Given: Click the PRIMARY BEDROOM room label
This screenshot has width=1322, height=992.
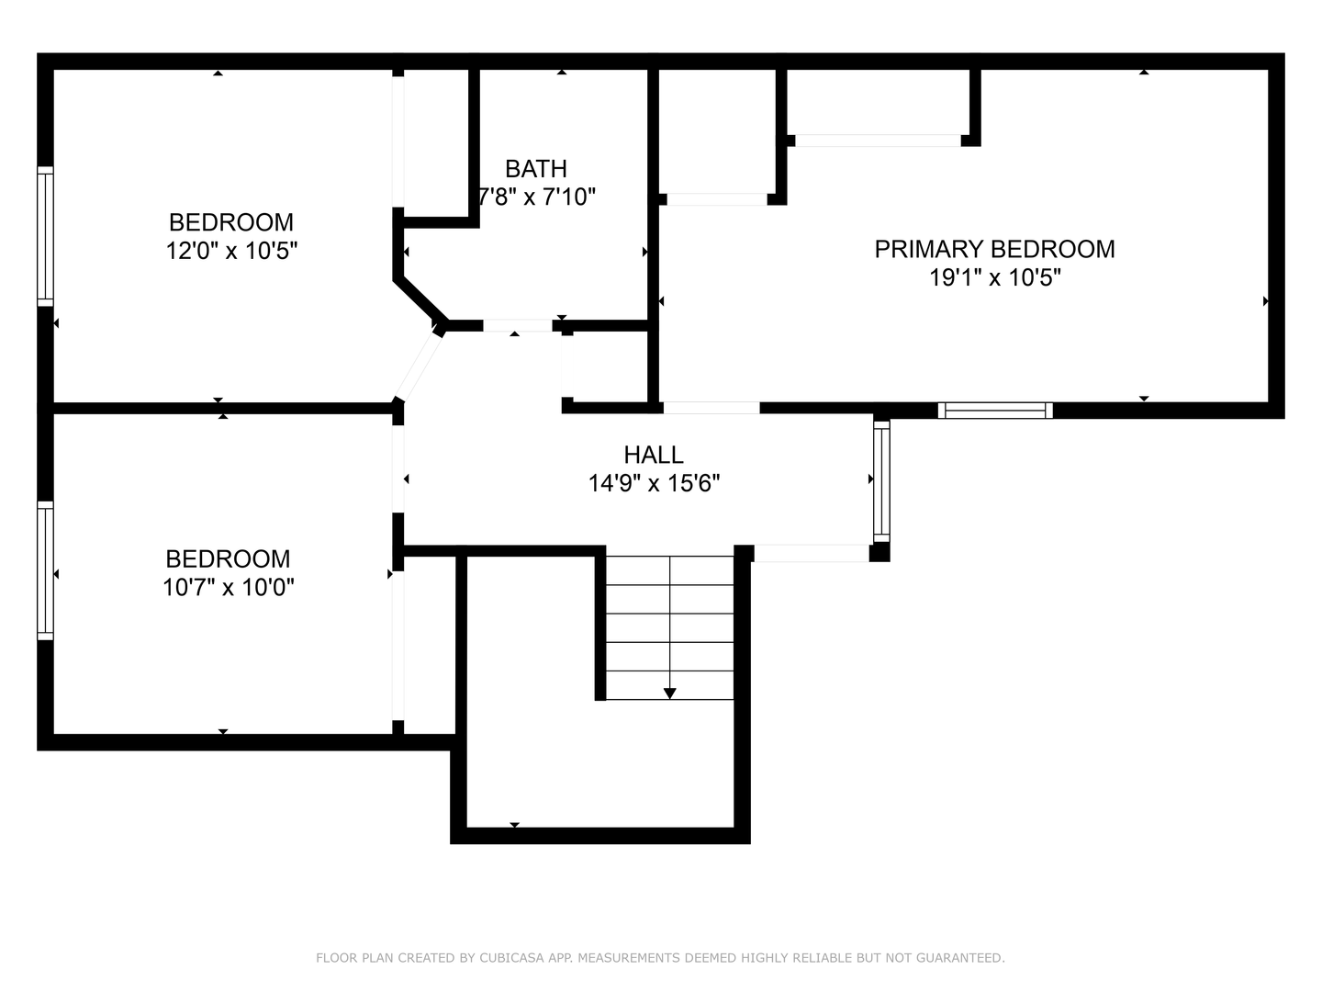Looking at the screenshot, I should point(994,249).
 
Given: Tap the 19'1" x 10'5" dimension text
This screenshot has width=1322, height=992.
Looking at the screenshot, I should point(995,277).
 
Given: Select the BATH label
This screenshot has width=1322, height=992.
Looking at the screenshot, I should point(536,169).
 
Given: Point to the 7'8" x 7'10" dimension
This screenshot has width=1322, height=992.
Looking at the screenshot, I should point(537,197).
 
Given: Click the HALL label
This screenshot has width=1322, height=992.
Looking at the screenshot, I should point(654,455).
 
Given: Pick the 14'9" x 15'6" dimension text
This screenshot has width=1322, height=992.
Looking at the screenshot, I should point(654,483).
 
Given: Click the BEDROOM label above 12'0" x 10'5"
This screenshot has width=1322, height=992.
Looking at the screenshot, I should point(231,222).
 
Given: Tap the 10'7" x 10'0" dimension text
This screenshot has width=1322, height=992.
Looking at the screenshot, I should point(229,587).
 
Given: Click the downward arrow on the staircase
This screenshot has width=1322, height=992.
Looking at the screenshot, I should point(670,693).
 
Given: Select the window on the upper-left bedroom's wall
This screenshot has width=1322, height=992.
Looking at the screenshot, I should point(45,236).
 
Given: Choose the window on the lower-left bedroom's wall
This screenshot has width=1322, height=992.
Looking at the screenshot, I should point(45,570).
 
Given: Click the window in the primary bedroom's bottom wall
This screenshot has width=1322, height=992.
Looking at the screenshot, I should point(995,411).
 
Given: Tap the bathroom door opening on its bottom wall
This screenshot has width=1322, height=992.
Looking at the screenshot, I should point(518,325).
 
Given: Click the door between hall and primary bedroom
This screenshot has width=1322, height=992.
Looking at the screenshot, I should point(711,408).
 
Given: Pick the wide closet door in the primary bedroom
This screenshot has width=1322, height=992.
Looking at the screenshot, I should point(878,141).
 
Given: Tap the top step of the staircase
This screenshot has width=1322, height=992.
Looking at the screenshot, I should point(670,570).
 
